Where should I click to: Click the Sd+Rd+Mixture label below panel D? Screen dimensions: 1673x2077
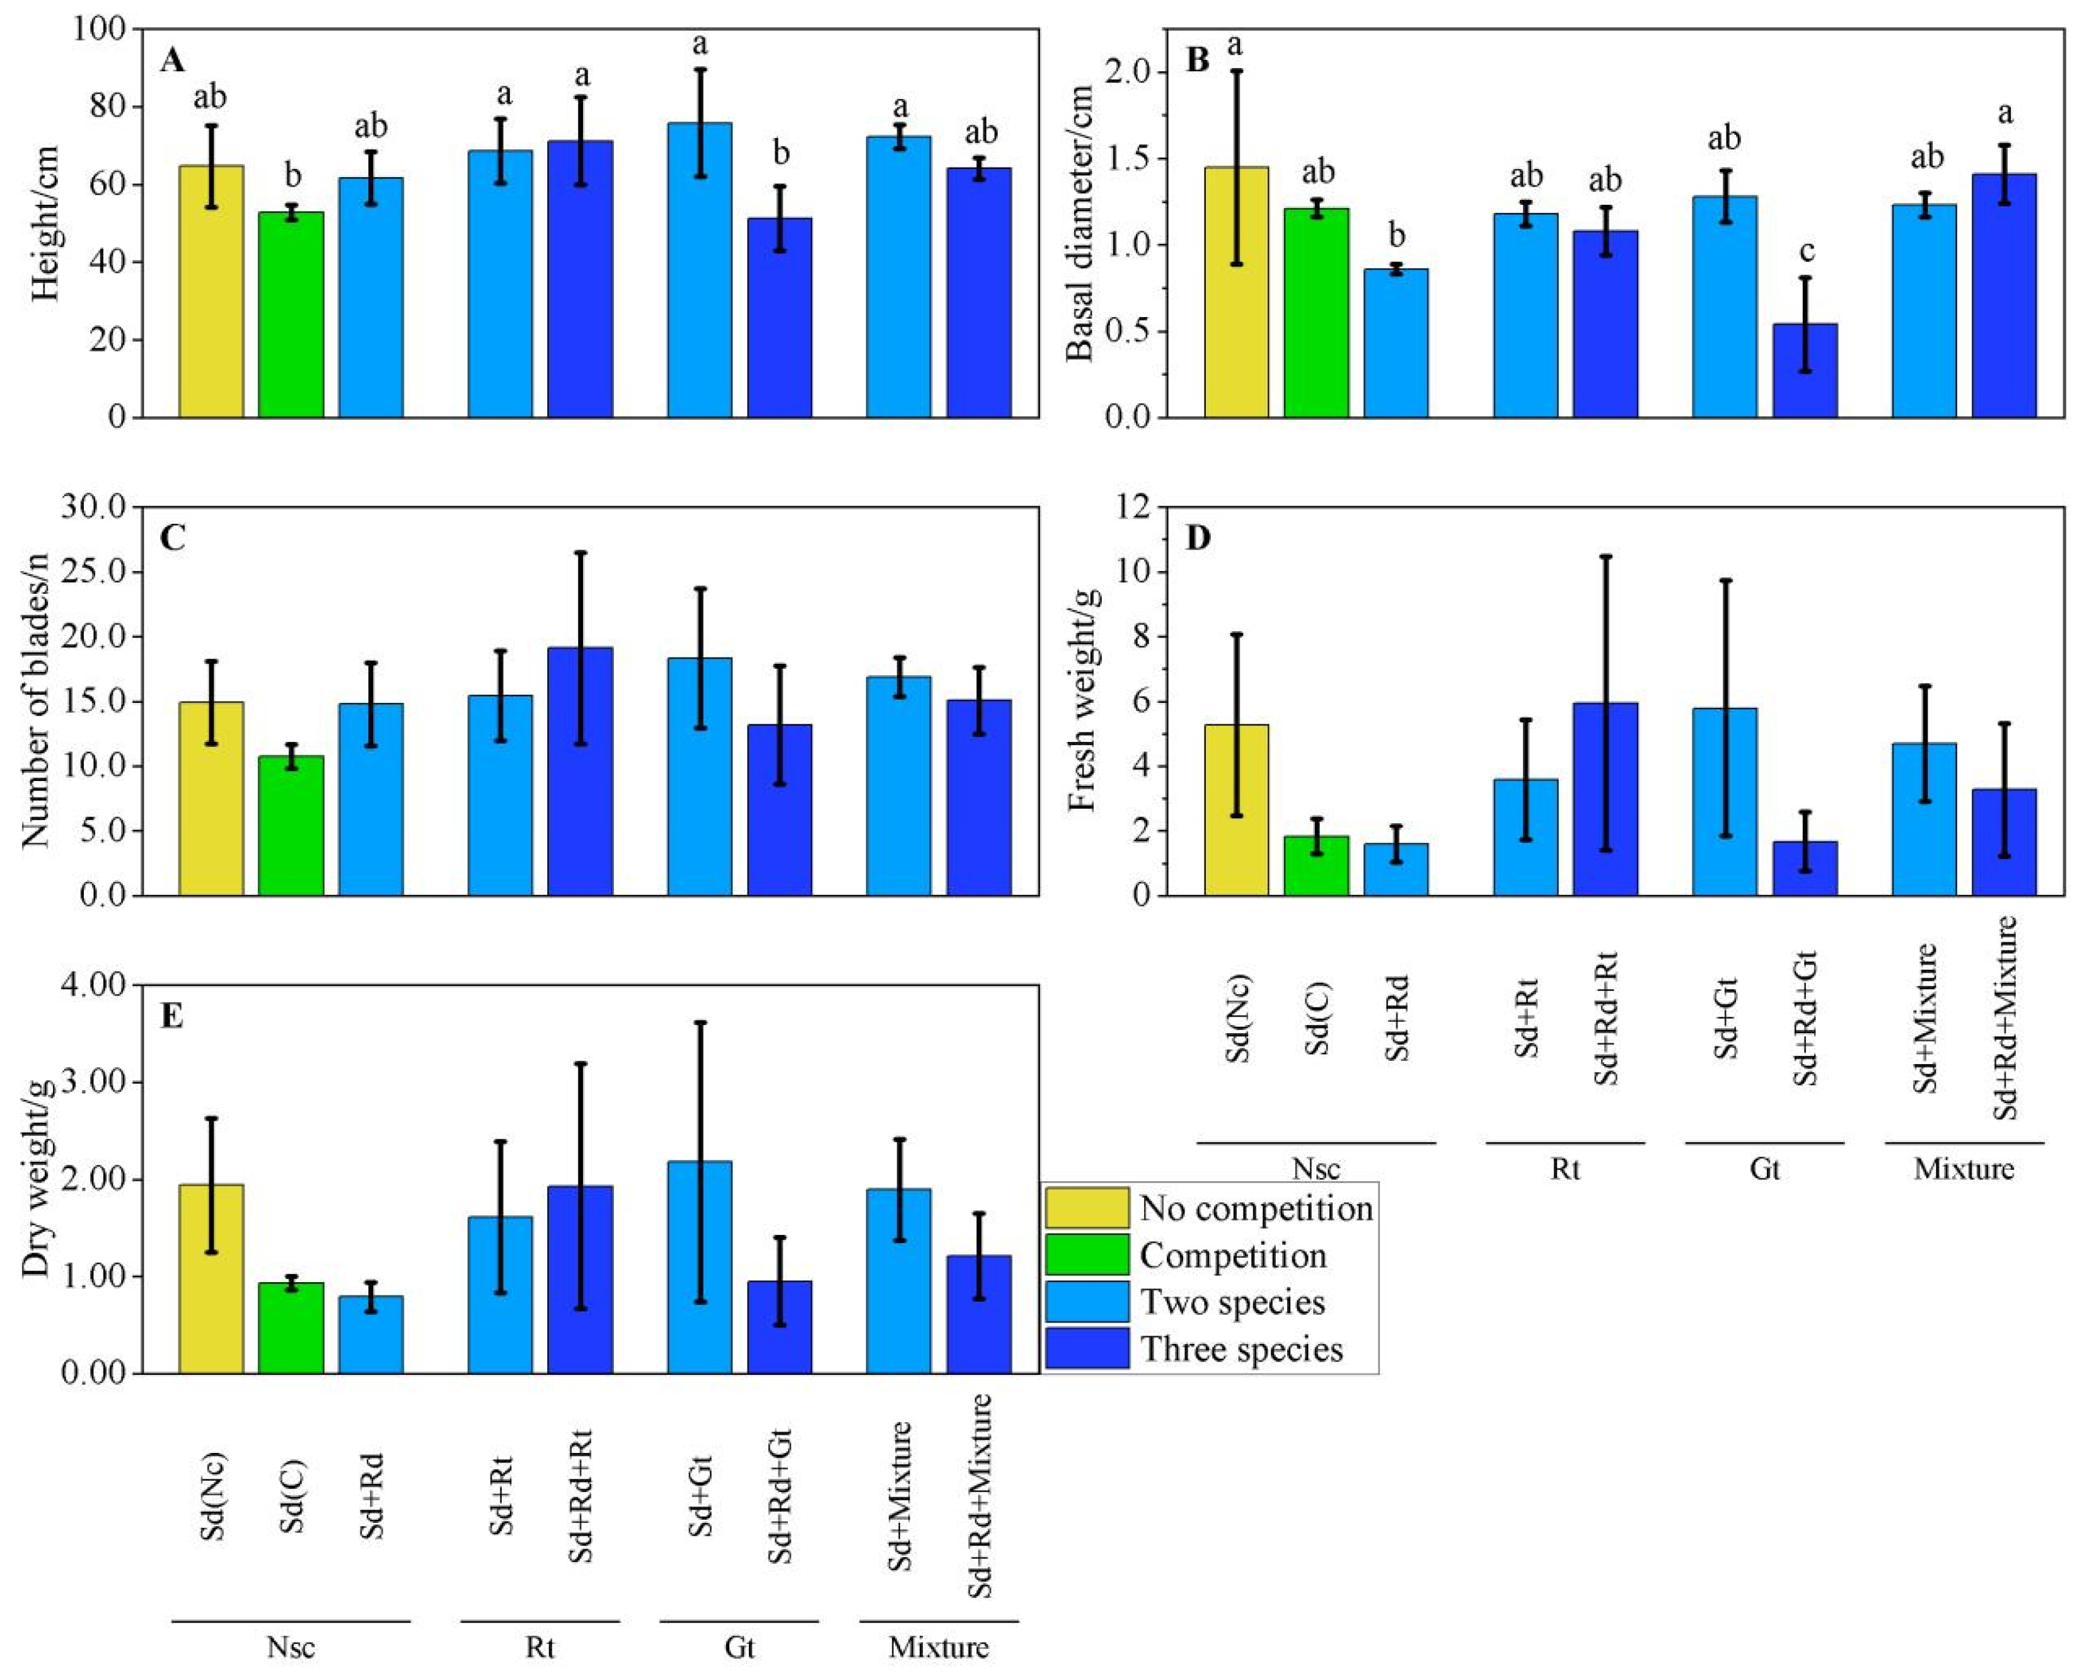point(2005,1017)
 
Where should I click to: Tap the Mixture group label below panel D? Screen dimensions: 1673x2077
point(1964,1169)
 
